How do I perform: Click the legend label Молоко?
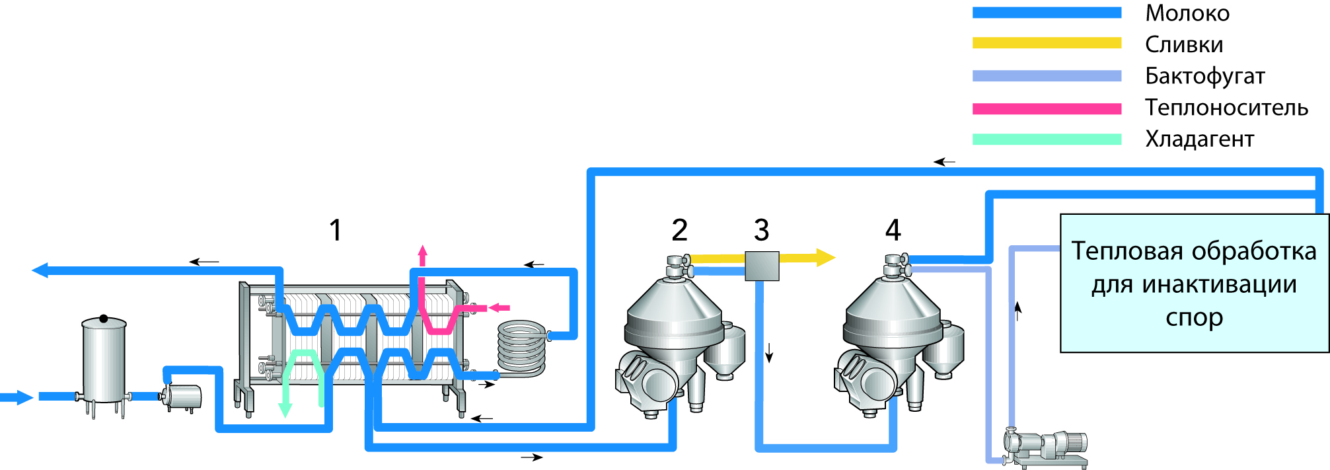[1187, 13]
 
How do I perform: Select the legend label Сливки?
[1184, 44]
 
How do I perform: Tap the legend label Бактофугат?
[1204, 76]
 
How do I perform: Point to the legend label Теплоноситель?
[1226, 107]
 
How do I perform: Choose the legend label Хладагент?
[1199, 139]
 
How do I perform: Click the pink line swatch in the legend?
[1047, 108]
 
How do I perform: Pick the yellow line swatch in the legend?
[1047, 43]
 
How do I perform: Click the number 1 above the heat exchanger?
[336, 230]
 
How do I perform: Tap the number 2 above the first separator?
[679, 230]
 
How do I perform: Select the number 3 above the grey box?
[761, 230]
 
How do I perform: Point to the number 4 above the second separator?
[893, 230]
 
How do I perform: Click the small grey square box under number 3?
[762, 266]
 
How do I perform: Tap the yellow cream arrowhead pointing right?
[826, 257]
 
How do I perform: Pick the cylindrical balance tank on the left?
[104, 360]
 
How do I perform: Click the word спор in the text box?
[1194, 317]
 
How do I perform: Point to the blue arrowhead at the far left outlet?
[40, 270]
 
